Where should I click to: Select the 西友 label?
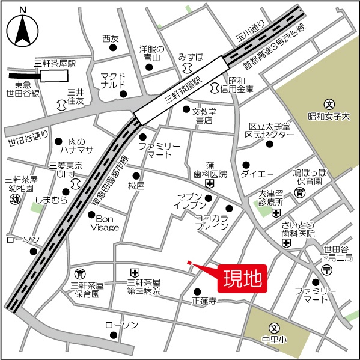click(x=111, y=38)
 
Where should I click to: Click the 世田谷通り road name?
click(x=28, y=136)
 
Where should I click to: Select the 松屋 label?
click(x=136, y=187)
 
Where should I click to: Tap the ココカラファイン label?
click(x=211, y=222)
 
